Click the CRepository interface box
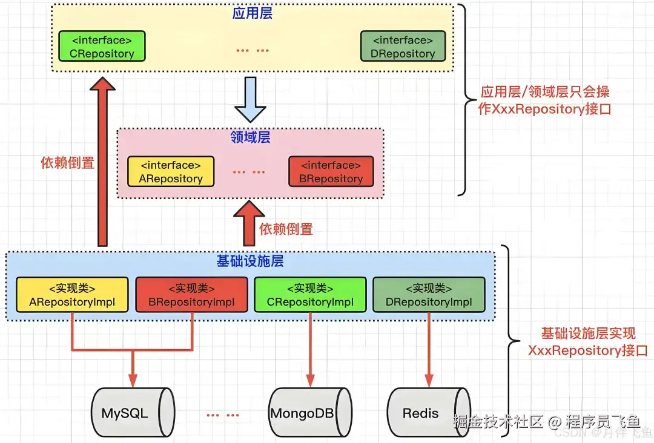coord(102,47)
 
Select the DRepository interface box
coord(403,47)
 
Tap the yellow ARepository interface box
coord(170,172)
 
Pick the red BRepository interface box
coord(331,172)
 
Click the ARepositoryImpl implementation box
coord(72,295)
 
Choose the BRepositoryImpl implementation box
coord(191,295)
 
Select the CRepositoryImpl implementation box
coord(309,295)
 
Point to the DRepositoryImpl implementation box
coord(428,295)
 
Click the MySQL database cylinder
coord(133,413)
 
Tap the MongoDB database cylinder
coord(310,413)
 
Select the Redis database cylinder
coord(428,413)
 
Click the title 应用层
coord(252,13)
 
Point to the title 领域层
coord(250,137)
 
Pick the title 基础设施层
coord(250,261)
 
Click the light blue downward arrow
coord(250,100)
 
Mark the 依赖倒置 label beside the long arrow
coord(67,163)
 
